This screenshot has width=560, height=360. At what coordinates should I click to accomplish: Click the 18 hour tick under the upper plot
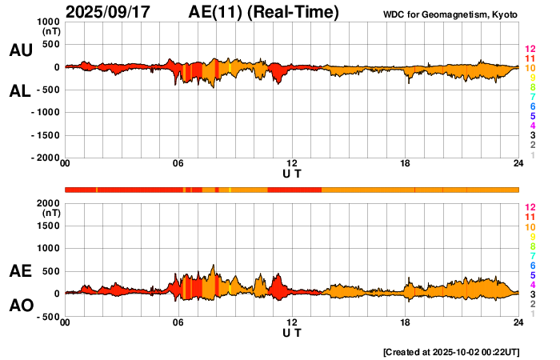405,164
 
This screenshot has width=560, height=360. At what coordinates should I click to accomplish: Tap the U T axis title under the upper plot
292,173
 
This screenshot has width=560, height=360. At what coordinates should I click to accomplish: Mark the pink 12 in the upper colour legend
529,50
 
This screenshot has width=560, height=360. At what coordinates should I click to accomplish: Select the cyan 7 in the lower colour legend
531,255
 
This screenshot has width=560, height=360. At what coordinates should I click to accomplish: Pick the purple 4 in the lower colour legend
531,284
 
